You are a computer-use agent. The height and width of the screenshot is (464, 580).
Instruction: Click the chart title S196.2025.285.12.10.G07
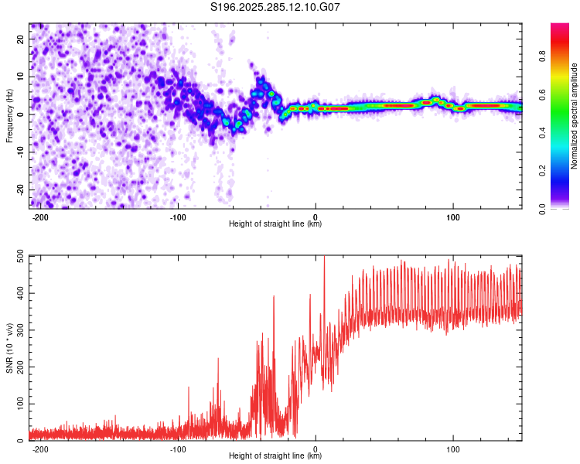[x=276, y=8]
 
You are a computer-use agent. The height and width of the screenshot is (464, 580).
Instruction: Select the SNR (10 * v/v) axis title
[x=9, y=348]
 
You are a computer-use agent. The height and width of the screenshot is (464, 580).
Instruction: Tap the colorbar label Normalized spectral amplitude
[x=574, y=116]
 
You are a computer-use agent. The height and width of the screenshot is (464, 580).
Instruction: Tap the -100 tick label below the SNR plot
[x=178, y=449]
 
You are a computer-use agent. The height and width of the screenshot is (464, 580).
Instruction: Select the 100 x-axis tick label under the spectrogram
[x=452, y=216]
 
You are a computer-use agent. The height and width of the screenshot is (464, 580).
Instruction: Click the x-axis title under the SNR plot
[x=275, y=457]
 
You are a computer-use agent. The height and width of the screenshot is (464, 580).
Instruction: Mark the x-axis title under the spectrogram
[x=275, y=224]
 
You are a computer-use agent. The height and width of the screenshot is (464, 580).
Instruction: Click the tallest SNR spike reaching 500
[x=324, y=258]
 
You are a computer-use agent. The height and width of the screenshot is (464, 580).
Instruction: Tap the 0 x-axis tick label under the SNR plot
[x=316, y=449]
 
